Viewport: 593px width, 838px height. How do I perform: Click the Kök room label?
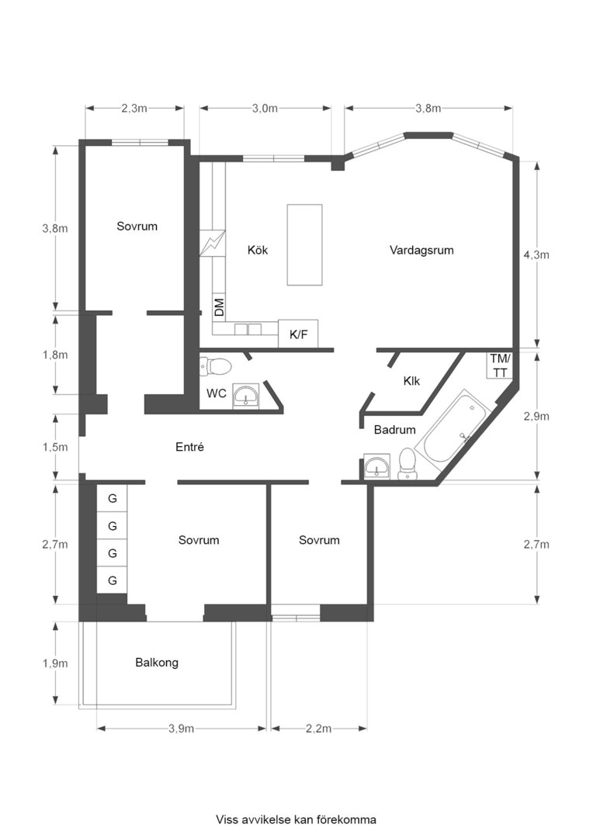tap(258, 250)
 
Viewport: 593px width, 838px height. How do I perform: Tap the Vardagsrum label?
tap(421, 250)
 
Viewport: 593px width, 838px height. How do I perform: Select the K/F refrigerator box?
tap(298, 334)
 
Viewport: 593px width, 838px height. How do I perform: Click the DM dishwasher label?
tap(219, 307)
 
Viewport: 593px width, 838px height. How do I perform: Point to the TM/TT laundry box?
tap(500, 365)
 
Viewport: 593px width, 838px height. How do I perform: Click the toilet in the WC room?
tap(216, 366)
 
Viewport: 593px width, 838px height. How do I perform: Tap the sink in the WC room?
tap(247, 396)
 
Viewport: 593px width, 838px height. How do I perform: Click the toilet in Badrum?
tap(407, 465)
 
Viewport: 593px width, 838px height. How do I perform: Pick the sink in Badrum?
tap(377, 466)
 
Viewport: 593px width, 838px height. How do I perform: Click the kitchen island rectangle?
tap(305, 244)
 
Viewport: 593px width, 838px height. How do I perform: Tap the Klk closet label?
tap(411, 381)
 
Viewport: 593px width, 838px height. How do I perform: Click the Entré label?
tap(190, 447)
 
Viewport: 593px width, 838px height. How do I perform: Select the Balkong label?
tap(157, 663)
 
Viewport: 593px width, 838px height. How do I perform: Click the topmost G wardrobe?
tap(112, 498)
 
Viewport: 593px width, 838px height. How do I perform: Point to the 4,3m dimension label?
tap(536, 255)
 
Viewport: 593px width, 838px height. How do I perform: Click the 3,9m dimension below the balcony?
tap(182, 729)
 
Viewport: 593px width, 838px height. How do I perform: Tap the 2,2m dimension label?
tap(319, 729)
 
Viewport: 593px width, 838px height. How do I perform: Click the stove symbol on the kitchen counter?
tap(212, 243)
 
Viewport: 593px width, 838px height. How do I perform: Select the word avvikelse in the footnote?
tap(263, 819)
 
